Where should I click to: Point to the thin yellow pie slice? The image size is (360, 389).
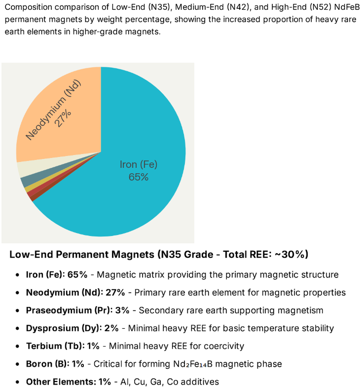28,189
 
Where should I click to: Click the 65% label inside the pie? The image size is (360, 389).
138,177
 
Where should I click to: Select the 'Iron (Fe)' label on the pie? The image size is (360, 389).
138,165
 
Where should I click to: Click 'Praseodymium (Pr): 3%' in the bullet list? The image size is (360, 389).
77,311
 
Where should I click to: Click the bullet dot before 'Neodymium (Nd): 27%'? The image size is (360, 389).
18,293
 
